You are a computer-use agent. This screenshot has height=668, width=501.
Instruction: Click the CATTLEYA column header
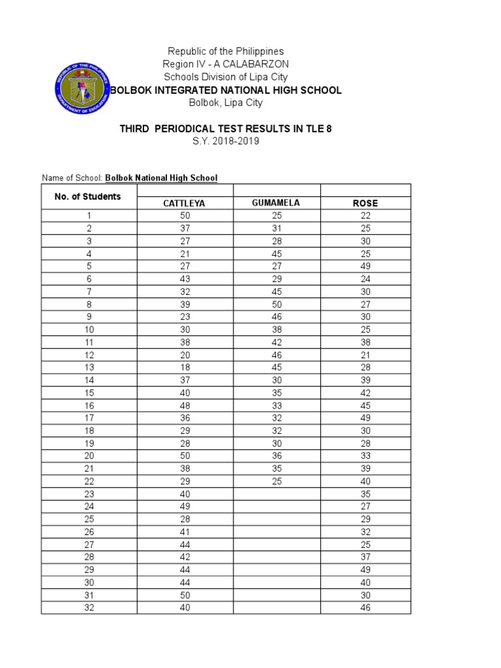pyautogui.click(x=184, y=204)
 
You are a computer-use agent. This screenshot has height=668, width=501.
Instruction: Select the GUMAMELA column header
pyautogui.click(x=276, y=203)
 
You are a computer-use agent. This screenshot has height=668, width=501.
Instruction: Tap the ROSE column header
pyautogui.click(x=365, y=204)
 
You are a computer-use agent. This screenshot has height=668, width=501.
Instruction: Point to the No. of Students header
pyautogui.click(x=89, y=196)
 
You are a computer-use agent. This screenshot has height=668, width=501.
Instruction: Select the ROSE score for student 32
pyautogui.click(x=365, y=608)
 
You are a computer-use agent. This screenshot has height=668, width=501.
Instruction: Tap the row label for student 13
pyautogui.click(x=89, y=367)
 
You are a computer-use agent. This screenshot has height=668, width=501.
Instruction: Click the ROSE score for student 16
pyautogui.click(x=365, y=405)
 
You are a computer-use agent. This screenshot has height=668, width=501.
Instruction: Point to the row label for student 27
pyautogui.click(x=89, y=545)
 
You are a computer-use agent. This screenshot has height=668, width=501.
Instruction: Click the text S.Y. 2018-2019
pyautogui.click(x=226, y=141)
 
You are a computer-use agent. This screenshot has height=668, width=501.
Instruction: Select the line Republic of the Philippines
pyautogui.click(x=226, y=51)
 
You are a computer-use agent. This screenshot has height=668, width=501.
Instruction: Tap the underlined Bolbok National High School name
pyautogui.click(x=161, y=177)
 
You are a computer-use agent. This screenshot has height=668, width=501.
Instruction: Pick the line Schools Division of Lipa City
pyautogui.click(x=226, y=77)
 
